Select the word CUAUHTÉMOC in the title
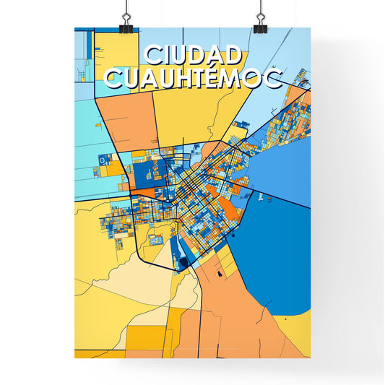pyautogui.click(x=193, y=78)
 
